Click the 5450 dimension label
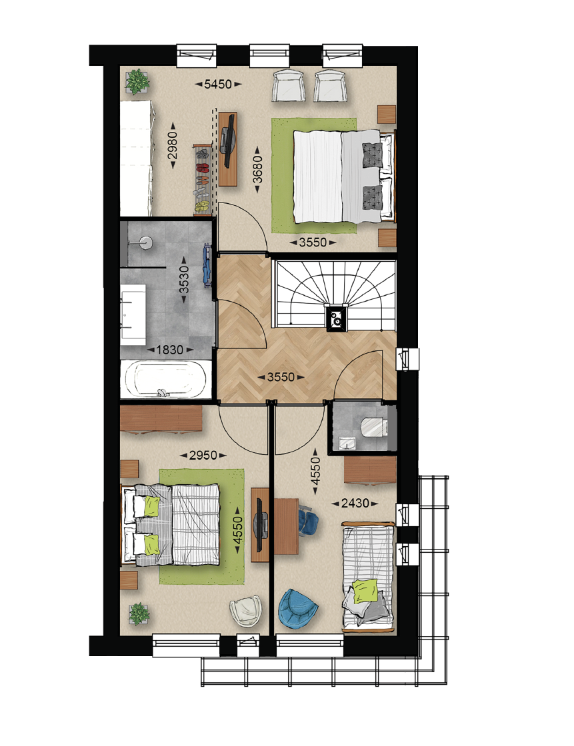(x=218, y=84)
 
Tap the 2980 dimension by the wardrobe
(x=172, y=145)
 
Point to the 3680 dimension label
(x=257, y=169)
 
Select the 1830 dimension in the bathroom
(x=169, y=350)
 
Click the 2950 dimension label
(x=203, y=456)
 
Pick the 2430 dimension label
(x=355, y=503)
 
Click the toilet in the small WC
(x=375, y=426)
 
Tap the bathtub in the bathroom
(x=165, y=380)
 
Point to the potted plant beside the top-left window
(x=137, y=81)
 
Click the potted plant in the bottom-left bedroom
(x=139, y=613)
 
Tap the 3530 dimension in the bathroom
(x=184, y=279)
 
